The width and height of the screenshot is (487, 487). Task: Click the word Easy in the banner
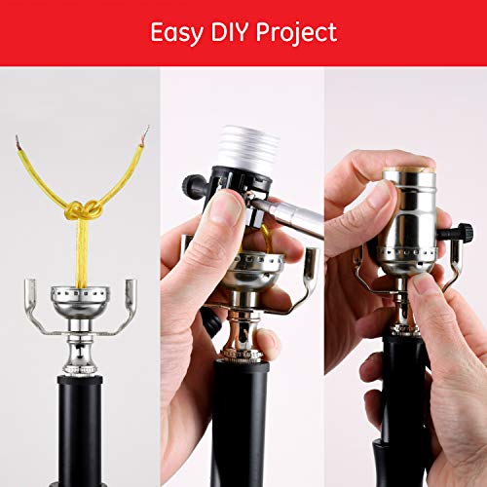click(177, 33)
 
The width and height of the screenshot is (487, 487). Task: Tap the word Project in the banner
click(297, 33)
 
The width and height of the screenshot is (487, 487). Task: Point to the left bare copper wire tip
click(18, 142)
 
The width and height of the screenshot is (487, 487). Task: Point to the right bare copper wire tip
click(145, 134)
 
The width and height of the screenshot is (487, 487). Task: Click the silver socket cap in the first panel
click(80, 301)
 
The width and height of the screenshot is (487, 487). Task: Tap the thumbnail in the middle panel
click(226, 207)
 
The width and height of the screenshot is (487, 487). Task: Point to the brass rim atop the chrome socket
click(410, 169)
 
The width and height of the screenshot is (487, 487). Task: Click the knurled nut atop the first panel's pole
click(80, 369)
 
